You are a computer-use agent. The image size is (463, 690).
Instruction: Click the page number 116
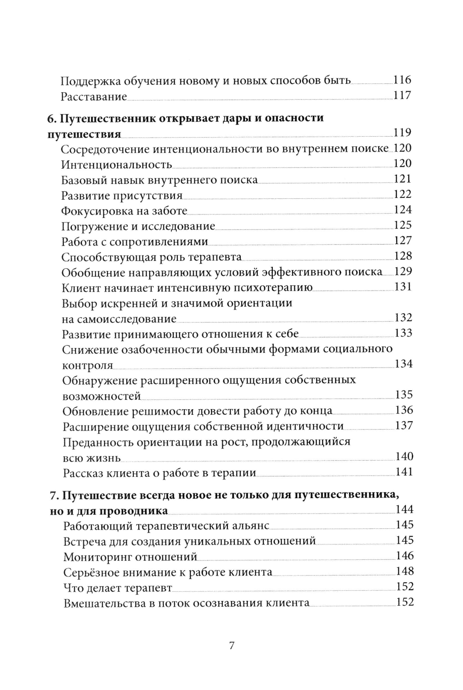point(402,80)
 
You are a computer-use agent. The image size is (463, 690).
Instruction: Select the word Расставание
point(94,97)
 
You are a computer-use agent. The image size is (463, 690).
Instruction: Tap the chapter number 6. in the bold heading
point(52,118)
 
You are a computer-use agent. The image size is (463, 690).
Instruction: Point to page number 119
point(402,133)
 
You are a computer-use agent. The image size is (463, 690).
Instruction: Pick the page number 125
point(402,225)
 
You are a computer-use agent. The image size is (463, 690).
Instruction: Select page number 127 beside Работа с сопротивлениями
point(402,241)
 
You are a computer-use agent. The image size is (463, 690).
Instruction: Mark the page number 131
point(403,287)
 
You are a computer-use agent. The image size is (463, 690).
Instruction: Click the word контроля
point(88,365)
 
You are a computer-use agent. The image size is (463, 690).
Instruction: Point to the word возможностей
point(101,396)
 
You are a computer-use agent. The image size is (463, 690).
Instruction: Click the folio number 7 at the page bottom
point(232,646)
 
